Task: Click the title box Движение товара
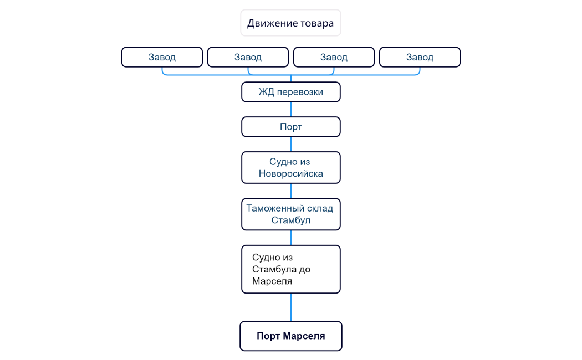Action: point(290,23)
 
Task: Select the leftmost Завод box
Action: point(162,57)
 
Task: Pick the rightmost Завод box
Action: point(420,57)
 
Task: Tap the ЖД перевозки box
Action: point(290,92)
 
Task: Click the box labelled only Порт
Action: point(290,127)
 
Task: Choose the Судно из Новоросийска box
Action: point(290,167)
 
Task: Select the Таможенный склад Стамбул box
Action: point(290,214)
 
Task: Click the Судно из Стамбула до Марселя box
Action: point(290,269)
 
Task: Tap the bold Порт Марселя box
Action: point(290,336)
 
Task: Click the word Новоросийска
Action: point(290,174)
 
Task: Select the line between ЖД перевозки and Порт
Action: point(291,110)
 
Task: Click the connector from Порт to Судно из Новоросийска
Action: point(291,144)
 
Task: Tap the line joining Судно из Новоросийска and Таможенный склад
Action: point(291,191)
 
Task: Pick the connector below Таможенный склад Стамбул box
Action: point(291,238)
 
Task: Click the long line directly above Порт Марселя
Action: point(291,307)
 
